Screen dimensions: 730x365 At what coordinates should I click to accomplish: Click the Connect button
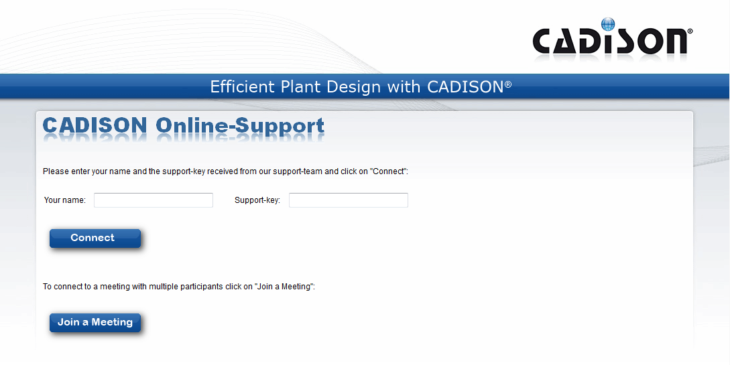95,238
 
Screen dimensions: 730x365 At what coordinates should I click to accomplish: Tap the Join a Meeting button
95,322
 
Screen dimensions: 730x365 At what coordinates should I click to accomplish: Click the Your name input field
154,200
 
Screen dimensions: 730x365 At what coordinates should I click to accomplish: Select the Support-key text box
348,200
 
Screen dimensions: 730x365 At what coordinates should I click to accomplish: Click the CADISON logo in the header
612,40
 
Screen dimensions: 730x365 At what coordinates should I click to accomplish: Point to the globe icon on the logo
608,24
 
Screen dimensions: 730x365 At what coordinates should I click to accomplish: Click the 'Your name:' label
65,200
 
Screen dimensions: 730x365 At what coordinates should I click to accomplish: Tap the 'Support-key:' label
257,200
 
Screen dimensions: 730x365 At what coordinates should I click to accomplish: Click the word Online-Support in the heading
240,127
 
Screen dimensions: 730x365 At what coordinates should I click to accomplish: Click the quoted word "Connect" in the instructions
389,171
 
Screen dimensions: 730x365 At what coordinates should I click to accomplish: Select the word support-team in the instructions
298,171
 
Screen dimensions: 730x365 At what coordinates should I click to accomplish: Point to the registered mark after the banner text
508,84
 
